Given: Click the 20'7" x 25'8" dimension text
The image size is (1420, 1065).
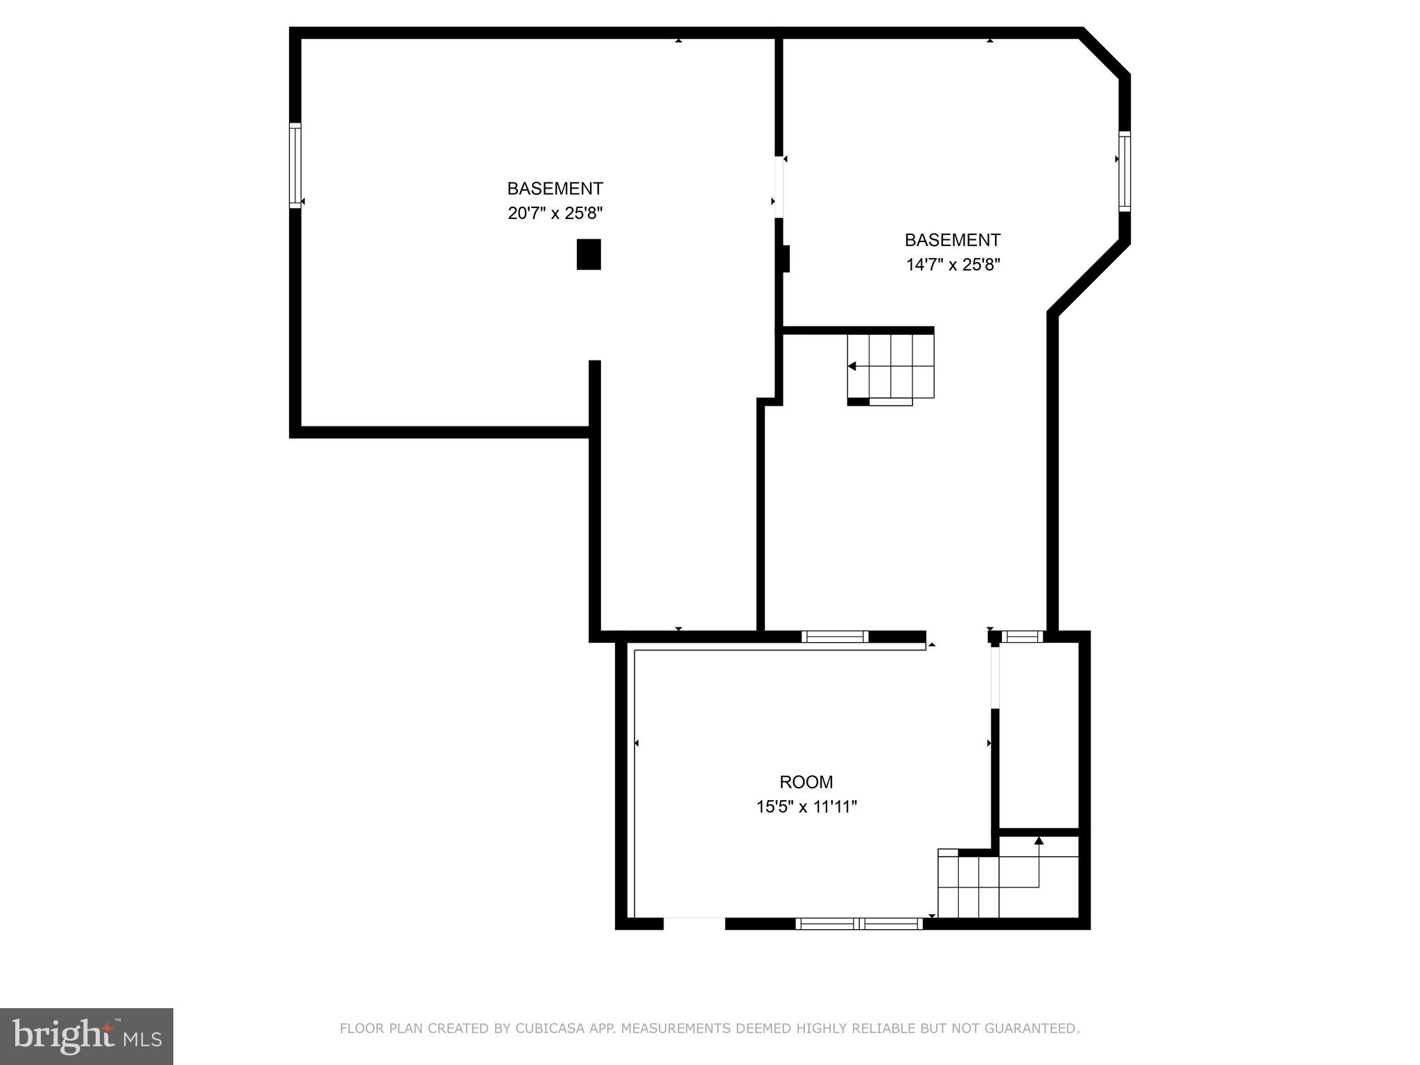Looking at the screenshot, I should (x=555, y=213).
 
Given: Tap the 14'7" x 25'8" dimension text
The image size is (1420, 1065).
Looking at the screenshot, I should (x=953, y=265).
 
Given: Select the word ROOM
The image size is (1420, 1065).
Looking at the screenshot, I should (x=806, y=782).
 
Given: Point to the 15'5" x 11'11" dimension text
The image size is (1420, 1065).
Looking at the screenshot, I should (x=806, y=807).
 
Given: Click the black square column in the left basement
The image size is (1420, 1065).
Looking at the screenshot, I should (x=589, y=254).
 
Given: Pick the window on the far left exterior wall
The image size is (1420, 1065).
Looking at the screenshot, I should (x=295, y=166).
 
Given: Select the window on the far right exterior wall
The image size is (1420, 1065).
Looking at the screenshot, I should (x=1124, y=171).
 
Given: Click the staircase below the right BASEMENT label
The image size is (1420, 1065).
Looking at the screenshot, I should (x=891, y=367).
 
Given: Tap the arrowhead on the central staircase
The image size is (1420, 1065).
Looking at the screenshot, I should (x=852, y=366).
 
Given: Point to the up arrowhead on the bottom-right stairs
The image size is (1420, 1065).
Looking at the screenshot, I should (x=1039, y=841).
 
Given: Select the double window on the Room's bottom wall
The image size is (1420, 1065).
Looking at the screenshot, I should (x=858, y=924).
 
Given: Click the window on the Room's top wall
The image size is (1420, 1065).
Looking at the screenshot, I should (x=835, y=637).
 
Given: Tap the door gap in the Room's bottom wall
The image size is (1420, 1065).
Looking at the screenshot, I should (x=694, y=924).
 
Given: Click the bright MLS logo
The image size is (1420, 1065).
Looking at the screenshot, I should (x=86, y=1036).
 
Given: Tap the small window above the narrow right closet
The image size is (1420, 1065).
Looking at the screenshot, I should (x=1023, y=636).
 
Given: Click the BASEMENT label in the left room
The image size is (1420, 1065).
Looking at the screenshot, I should (x=555, y=189).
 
